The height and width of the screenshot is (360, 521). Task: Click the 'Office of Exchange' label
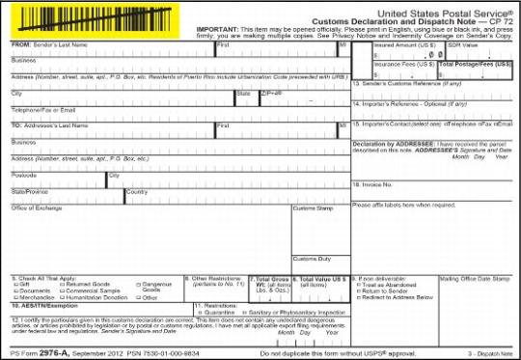[36, 208]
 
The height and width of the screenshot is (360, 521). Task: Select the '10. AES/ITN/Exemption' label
[41, 306]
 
